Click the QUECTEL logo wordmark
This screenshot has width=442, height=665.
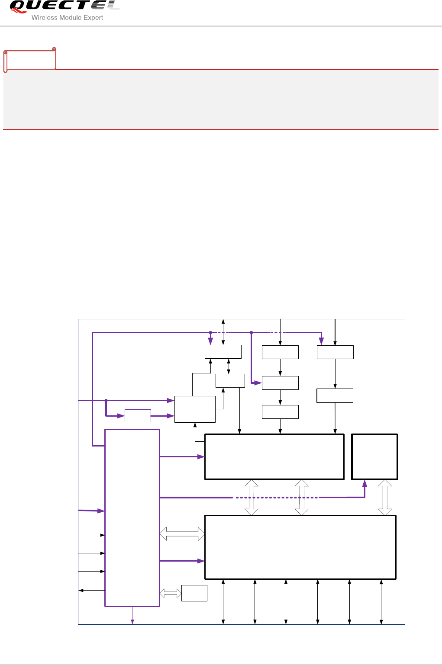[x=64, y=6]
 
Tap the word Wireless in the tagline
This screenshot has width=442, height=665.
[x=44, y=18]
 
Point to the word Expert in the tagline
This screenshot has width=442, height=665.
[x=93, y=18]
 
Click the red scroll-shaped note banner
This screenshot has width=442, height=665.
[x=30, y=60]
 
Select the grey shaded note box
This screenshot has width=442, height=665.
[x=221, y=99]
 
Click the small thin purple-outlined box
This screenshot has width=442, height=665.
[x=138, y=416]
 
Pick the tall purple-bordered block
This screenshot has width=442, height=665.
[x=132, y=517]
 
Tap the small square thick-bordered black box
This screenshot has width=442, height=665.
[x=374, y=456]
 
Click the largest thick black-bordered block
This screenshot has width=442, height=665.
[x=300, y=547]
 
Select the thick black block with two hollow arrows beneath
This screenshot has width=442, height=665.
[x=274, y=456]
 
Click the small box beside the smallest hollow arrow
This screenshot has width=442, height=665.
[x=194, y=593]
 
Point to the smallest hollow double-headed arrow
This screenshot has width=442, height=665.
[x=171, y=593]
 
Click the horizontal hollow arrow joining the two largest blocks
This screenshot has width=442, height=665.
[x=182, y=534]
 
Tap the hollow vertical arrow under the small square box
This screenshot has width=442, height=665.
[x=385, y=498]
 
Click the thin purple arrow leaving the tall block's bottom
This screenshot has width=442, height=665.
[x=132, y=616]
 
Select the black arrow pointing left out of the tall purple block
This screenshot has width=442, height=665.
[x=91, y=590]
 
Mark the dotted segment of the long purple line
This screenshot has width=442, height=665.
[x=277, y=498]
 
